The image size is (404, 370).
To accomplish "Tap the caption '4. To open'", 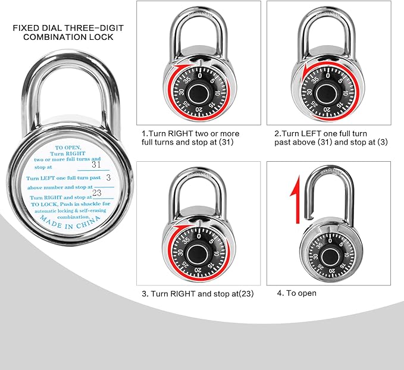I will click(x=297, y=293).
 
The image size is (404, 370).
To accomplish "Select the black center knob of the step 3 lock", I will click(x=200, y=253).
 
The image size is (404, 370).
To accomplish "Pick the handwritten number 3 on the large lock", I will click(x=108, y=177).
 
